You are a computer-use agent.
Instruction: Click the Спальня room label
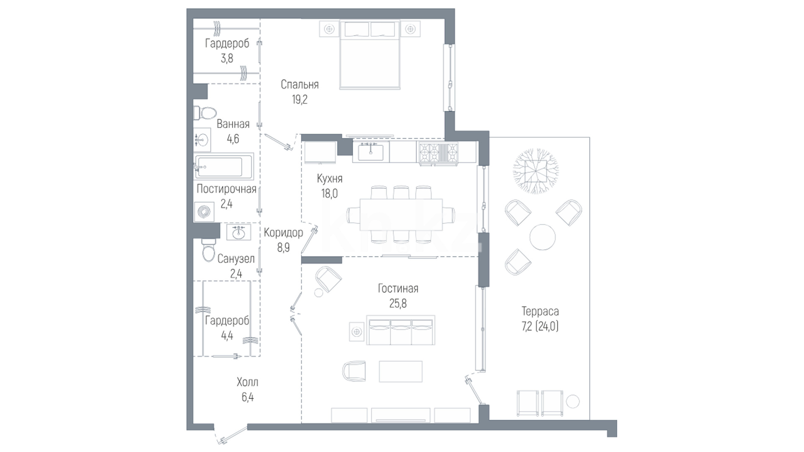[x=299, y=85]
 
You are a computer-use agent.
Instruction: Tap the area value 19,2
[x=299, y=100]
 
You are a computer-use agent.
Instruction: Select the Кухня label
[x=330, y=179]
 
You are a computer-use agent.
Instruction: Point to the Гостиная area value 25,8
[x=398, y=303]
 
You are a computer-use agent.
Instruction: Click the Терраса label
[x=540, y=311]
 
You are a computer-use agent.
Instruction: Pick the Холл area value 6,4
[x=247, y=397]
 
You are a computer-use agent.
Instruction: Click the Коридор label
[x=283, y=233]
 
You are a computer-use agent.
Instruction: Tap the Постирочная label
[x=227, y=189]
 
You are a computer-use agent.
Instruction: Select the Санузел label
[x=236, y=259]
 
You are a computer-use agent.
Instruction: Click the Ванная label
[x=233, y=124]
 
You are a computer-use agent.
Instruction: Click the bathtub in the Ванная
[x=224, y=167]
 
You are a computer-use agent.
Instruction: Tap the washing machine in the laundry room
[x=204, y=212]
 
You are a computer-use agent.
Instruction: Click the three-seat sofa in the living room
[x=401, y=330]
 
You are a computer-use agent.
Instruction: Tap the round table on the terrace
[x=542, y=237]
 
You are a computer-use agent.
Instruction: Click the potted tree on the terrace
[x=536, y=171]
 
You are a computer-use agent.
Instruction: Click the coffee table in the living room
[x=401, y=371]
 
